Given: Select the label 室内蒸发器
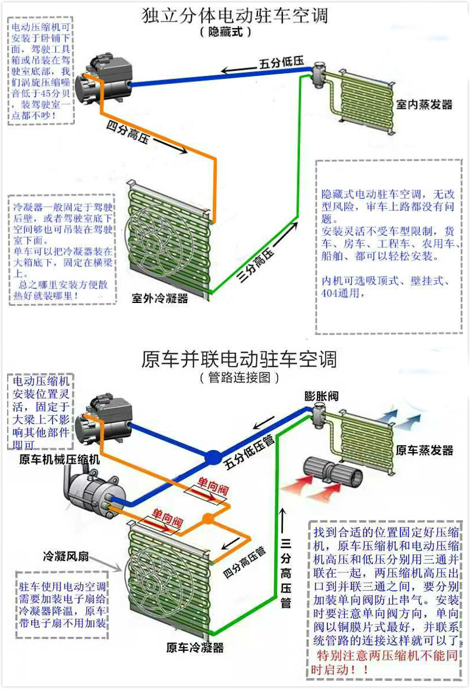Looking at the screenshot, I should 424,105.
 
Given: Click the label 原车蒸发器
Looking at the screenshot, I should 424,450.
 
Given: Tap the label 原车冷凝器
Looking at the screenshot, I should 195,647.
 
